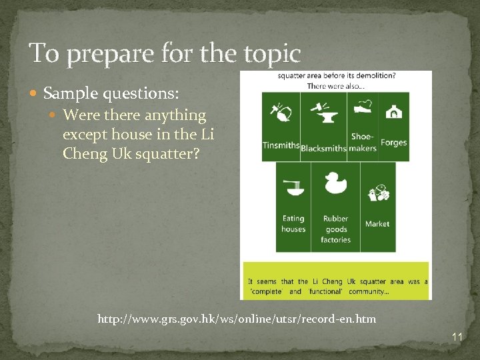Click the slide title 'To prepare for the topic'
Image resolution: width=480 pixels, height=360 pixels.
165,53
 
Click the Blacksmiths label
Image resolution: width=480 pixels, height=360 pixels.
323,148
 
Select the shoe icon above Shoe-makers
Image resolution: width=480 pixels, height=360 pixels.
363,108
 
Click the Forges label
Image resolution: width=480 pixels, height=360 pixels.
393,143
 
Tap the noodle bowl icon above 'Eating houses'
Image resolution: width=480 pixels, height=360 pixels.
293,188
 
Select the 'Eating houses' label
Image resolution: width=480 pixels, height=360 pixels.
293,223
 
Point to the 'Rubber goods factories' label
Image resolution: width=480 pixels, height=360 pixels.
335,229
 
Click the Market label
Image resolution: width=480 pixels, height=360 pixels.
377,224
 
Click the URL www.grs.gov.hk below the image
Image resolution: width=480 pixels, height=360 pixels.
237,319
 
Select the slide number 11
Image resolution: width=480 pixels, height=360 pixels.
457,338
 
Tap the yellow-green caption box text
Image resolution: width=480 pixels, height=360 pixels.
336,286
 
